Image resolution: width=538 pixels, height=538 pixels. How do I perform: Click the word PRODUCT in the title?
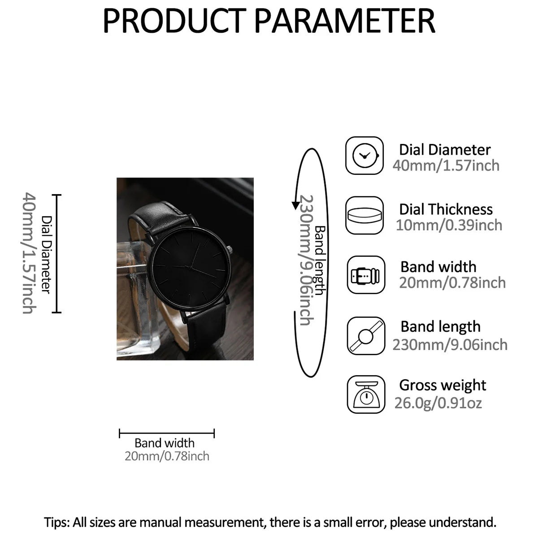(x=174, y=21)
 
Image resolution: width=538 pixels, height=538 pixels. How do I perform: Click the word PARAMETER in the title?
(x=344, y=21)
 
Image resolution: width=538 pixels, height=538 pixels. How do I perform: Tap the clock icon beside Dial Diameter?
(x=364, y=156)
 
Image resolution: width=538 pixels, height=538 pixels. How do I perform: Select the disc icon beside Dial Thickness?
(x=364, y=215)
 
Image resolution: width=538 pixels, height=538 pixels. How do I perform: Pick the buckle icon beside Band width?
(x=366, y=275)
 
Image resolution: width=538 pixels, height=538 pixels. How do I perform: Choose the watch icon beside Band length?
(x=366, y=336)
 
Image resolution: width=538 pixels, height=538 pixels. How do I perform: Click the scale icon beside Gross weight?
(x=366, y=394)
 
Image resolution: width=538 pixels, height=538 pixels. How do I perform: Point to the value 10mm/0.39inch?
(x=449, y=225)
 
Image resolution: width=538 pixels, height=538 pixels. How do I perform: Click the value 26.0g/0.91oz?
(x=438, y=403)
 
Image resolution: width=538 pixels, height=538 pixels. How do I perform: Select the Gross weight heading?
(x=443, y=386)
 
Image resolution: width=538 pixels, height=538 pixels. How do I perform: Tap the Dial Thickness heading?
(x=446, y=209)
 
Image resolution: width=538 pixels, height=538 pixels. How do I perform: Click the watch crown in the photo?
(x=230, y=250)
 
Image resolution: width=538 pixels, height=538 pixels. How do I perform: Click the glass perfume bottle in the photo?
(x=136, y=299)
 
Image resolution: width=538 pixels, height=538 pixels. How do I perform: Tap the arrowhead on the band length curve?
(x=295, y=205)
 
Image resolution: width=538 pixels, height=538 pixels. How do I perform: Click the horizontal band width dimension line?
(x=167, y=433)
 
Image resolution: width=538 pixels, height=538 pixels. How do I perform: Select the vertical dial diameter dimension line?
(x=56, y=253)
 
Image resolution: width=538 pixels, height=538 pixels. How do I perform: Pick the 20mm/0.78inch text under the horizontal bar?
(x=167, y=456)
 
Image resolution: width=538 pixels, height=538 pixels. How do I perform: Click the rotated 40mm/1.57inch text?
(x=29, y=253)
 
